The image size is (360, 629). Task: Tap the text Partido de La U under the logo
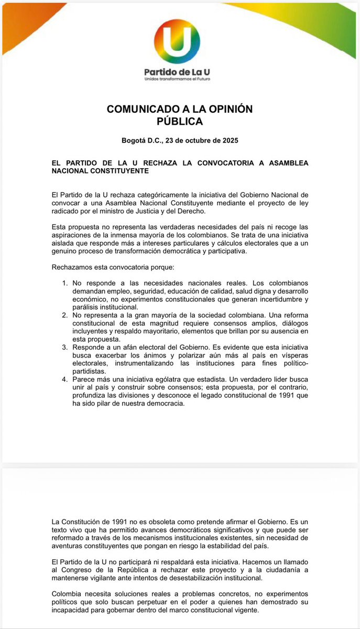click(180, 71)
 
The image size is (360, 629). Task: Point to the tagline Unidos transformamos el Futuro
click(180, 79)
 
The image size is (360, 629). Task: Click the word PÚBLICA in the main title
click(180, 121)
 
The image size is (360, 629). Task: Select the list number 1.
click(65, 283)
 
